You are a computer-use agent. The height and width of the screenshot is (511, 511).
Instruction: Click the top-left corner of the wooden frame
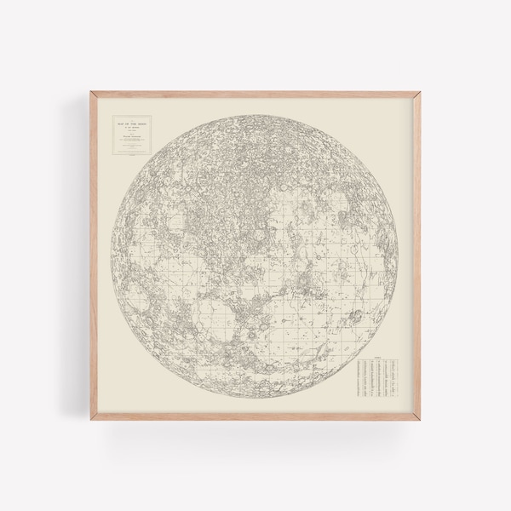pos(88,93)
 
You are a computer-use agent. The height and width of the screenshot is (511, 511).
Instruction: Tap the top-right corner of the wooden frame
pos(423,93)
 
